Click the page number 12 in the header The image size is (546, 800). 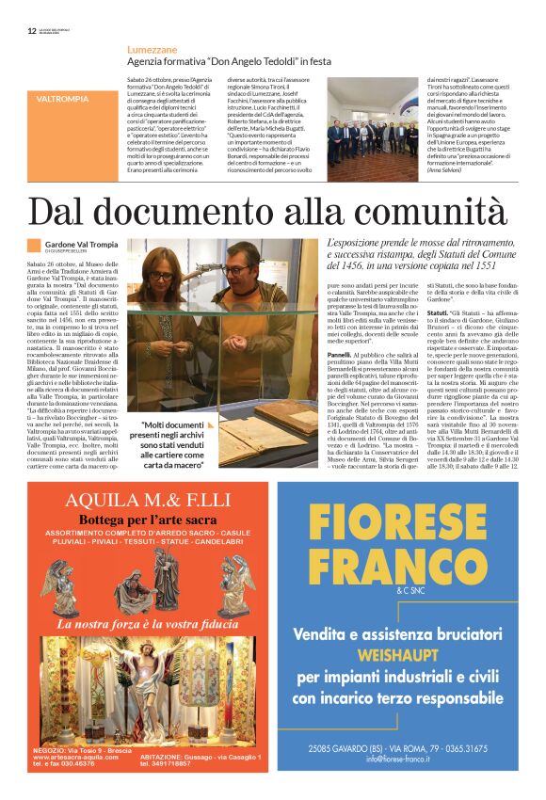[32, 30]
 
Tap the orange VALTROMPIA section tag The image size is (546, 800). [63, 98]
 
